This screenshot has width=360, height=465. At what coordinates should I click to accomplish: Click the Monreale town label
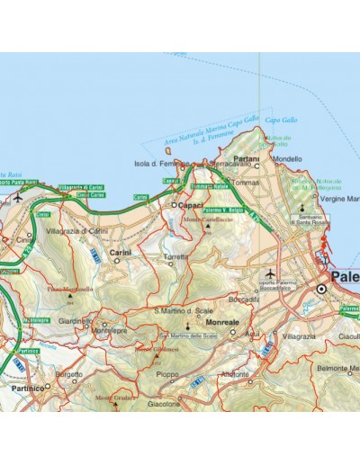(x=222, y=321)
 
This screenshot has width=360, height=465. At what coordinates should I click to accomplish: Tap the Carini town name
(x=121, y=253)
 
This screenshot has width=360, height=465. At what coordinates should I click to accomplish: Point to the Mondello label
(x=287, y=159)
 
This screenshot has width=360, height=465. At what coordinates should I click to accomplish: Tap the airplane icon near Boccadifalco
(x=270, y=273)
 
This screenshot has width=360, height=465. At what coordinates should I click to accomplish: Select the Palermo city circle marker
(x=320, y=288)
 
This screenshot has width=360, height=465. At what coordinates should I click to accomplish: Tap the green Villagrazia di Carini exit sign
(x=78, y=186)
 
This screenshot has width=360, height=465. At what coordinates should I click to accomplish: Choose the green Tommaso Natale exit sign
(x=208, y=186)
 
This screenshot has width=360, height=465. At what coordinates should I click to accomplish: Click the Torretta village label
(x=175, y=256)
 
